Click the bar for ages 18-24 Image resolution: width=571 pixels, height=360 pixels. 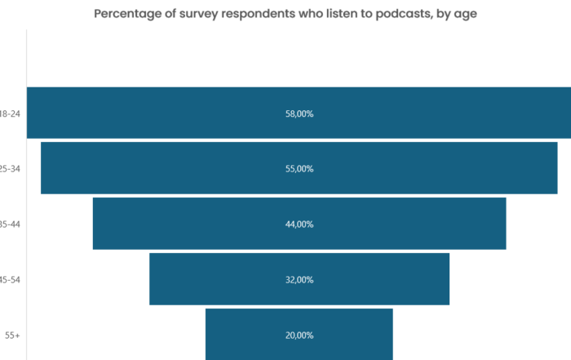(163, 113)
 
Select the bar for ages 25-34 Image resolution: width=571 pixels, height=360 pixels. (163, 168)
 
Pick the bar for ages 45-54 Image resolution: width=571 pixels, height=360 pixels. (212, 279)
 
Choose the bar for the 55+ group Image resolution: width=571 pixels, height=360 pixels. (245, 334)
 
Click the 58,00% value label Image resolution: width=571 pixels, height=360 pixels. (299, 114)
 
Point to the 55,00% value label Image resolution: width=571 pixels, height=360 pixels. (299, 169)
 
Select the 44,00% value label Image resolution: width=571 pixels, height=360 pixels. (299, 224)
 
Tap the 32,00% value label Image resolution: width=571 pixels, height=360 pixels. (299, 280)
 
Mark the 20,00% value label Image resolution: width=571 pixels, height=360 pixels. (299, 336)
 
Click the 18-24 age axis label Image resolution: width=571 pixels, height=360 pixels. (11, 114)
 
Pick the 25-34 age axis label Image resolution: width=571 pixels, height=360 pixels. (11, 169)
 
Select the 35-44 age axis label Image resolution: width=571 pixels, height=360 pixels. (11, 224)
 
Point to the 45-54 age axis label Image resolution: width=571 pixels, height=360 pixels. (11, 280)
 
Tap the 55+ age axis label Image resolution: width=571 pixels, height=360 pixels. (12, 336)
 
